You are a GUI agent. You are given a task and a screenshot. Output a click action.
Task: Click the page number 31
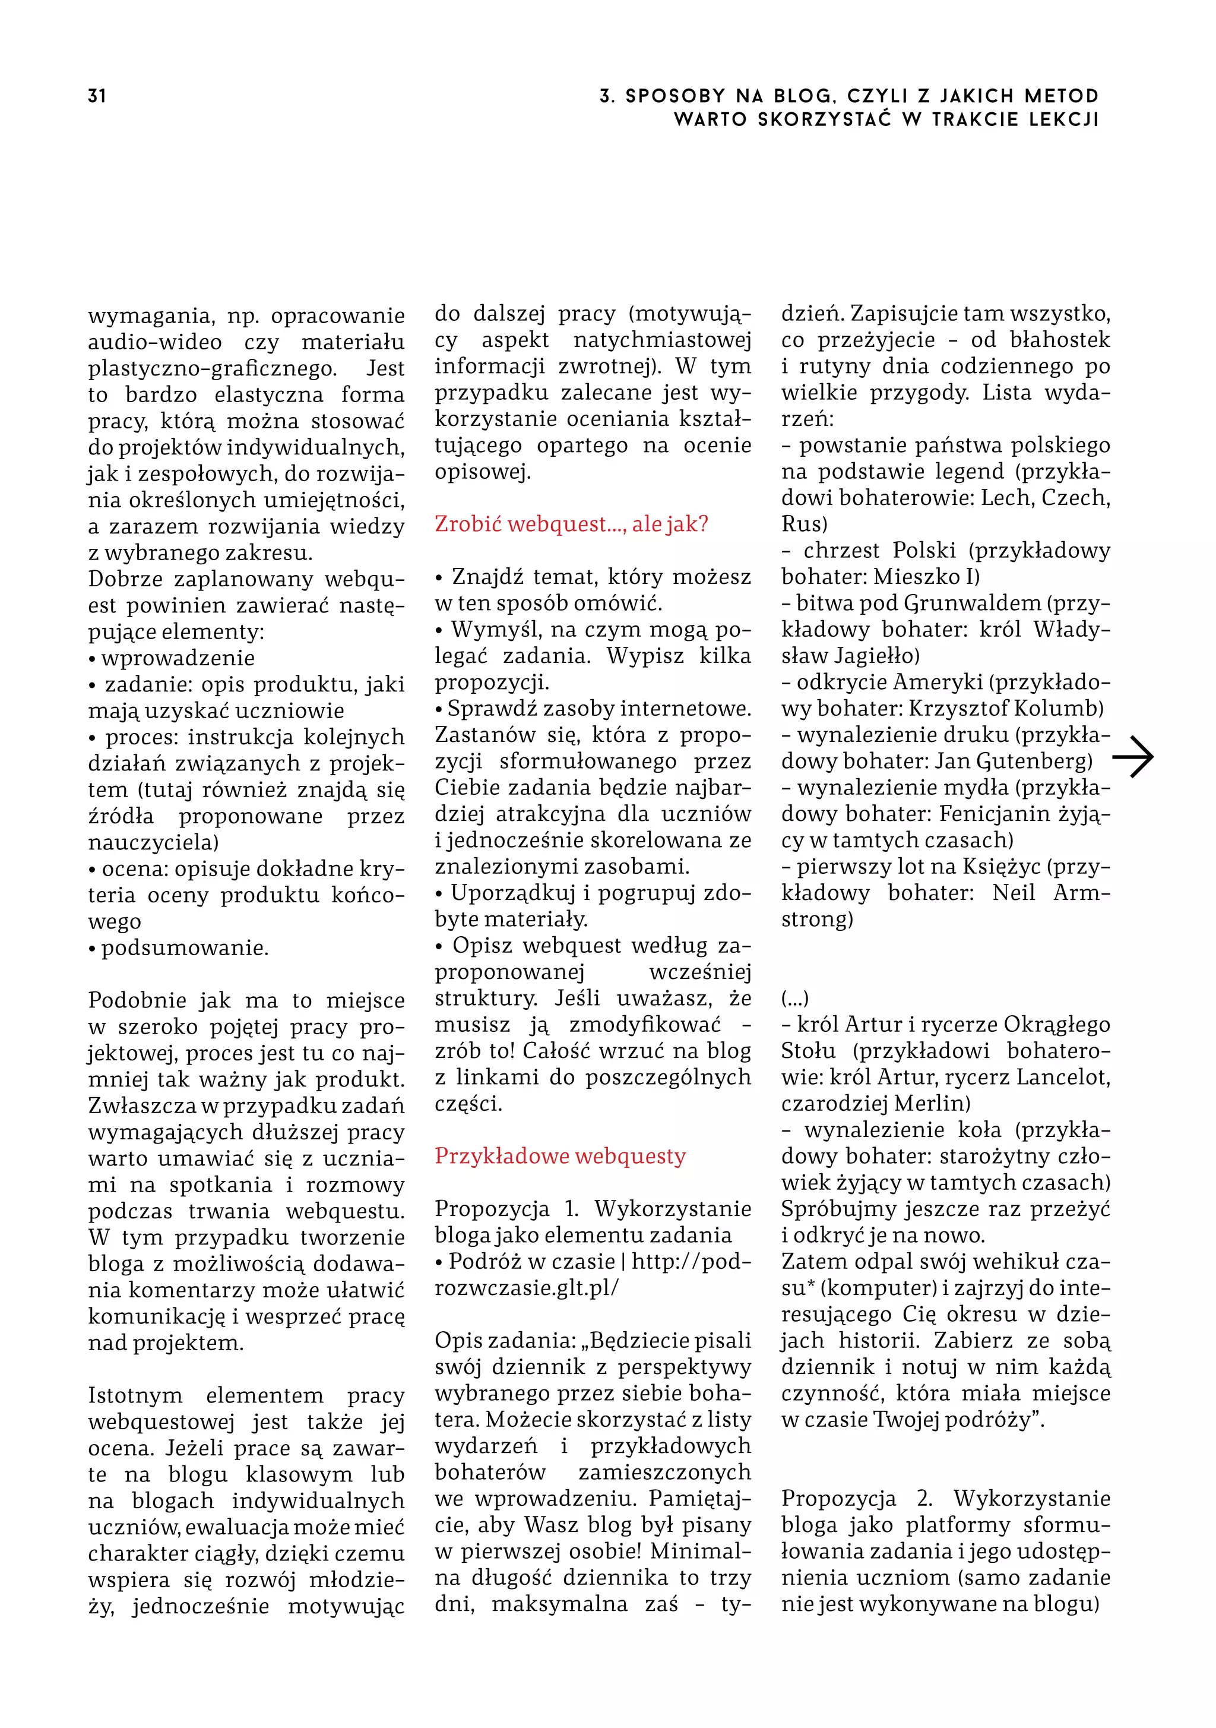click(x=96, y=96)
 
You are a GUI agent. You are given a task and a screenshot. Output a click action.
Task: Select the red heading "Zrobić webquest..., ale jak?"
click(x=571, y=524)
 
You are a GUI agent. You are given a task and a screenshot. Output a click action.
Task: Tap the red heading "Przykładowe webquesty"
click(x=560, y=1156)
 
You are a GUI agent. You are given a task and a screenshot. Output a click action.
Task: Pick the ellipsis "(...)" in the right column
click(x=794, y=998)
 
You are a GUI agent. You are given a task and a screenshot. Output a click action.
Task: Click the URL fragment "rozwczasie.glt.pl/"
click(x=526, y=1288)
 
